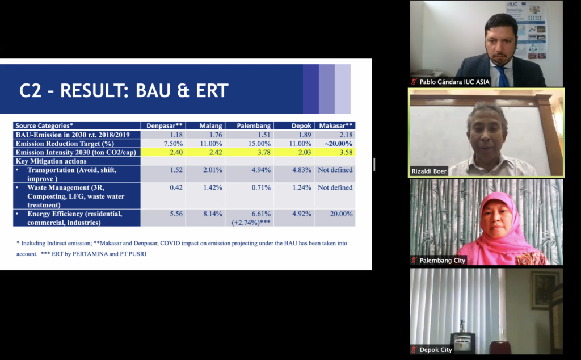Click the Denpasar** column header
(164, 125)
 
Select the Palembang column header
(254, 125)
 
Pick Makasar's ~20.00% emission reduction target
(339, 144)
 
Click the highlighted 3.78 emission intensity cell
(264, 152)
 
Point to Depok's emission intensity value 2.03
(304, 152)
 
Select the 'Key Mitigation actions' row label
(51, 161)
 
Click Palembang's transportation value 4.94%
(261, 170)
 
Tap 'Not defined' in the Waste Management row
(335, 187)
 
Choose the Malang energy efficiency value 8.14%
(213, 214)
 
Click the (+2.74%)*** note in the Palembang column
(251, 223)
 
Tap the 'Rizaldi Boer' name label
(429, 171)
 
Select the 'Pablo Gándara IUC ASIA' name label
(454, 82)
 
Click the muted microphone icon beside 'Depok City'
(414, 350)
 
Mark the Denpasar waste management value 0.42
(176, 187)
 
